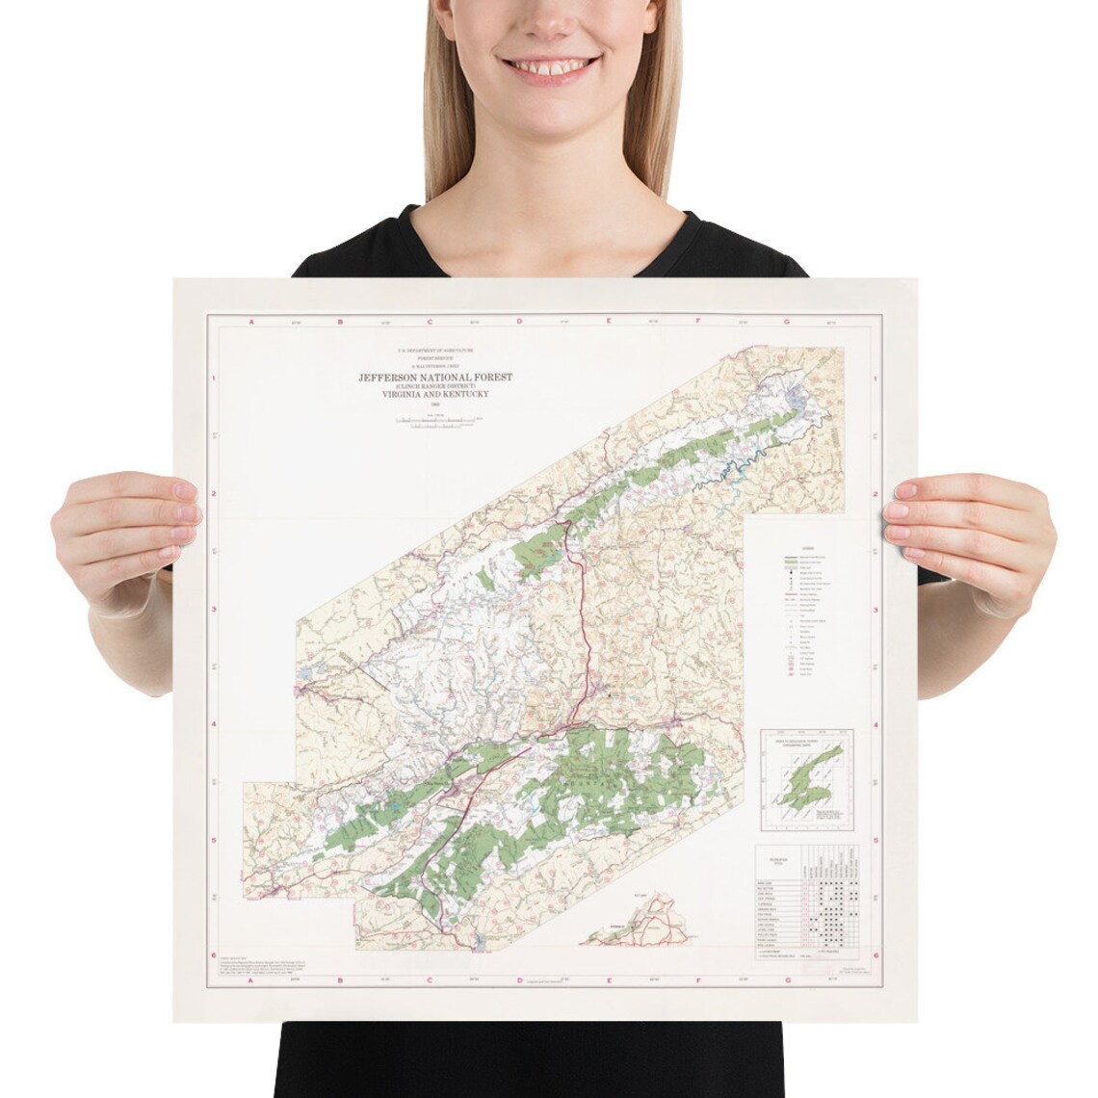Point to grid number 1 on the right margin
875,380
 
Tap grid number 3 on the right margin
875,610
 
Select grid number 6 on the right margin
875,954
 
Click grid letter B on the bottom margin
339,983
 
